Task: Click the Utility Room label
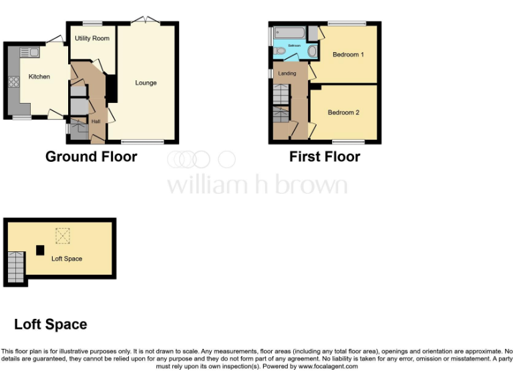[92, 39]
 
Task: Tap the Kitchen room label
[39, 77]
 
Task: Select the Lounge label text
[146, 83]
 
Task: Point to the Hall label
[96, 121]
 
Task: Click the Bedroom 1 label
[348, 55]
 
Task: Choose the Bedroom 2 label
[343, 112]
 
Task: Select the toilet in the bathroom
[279, 51]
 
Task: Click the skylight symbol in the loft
[62, 235]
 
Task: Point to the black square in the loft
[40, 250]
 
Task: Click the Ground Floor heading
[91, 157]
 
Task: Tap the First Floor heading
[325, 157]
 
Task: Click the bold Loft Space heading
[51, 325]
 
